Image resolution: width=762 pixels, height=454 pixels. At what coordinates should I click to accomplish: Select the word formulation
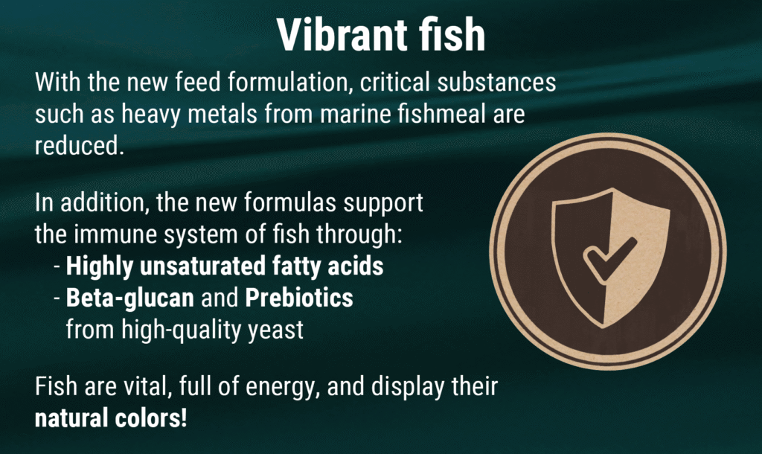[x=290, y=82]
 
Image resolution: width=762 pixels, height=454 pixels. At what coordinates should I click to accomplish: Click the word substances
[x=496, y=82]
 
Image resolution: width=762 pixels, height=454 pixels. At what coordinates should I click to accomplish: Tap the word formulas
[x=290, y=202]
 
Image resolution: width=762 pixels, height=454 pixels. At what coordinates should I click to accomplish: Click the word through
[x=359, y=235]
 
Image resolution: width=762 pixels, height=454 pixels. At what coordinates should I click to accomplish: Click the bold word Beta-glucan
[x=129, y=298]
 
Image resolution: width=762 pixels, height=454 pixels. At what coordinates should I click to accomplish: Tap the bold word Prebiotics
[x=299, y=298]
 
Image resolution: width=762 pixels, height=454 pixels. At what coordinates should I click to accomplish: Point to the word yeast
[x=275, y=330]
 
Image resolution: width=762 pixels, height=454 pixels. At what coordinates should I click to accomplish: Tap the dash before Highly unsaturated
[x=57, y=267]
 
